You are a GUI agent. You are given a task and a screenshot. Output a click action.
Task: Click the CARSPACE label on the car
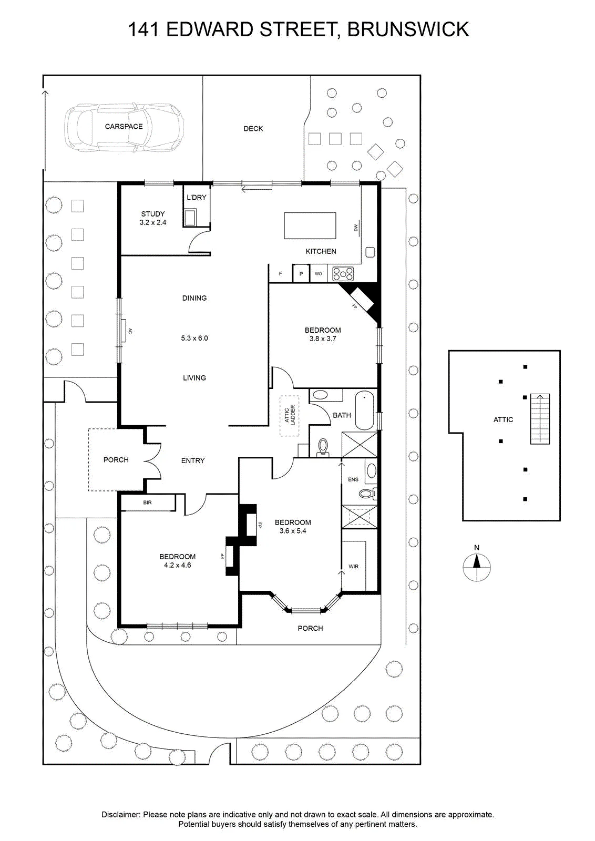coord(124,127)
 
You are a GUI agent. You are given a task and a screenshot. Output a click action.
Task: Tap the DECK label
coord(253,129)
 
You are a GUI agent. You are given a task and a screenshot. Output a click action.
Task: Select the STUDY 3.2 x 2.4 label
coord(153,218)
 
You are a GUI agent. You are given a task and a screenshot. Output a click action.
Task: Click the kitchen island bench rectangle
coord(310,225)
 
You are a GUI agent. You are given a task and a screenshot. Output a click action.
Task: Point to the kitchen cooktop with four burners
coord(343,274)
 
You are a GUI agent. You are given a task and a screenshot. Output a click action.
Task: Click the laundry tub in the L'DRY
coord(190,218)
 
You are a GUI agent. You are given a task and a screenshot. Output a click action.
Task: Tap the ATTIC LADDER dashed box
coord(290,416)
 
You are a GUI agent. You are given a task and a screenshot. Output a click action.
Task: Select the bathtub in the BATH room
coord(364,410)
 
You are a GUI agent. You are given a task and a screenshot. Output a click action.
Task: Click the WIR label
coord(353,567)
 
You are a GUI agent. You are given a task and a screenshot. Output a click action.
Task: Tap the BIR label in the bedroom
coord(147,502)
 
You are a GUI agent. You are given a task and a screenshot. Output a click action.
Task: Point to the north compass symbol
coord(477,564)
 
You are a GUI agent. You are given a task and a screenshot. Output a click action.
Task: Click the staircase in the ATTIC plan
coord(540,418)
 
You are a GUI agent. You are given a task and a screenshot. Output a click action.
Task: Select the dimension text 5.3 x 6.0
coord(194,338)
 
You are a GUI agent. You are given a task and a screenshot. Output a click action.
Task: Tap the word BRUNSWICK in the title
coord(408,29)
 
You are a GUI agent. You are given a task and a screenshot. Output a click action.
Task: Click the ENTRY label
coord(193,460)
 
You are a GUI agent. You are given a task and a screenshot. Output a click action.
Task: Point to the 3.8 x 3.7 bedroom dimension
coord(322,339)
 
